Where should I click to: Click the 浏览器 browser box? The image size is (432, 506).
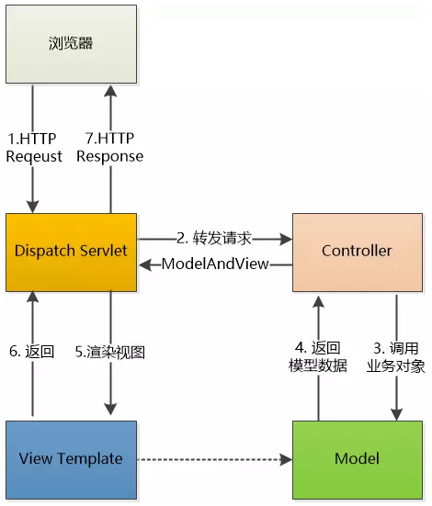[71, 44]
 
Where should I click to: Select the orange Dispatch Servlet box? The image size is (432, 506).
[71, 253]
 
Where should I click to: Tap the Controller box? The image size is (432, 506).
[358, 253]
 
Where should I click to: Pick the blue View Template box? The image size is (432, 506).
[71, 460]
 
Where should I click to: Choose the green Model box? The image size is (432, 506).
[358, 460]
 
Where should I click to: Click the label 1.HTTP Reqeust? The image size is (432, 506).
[34, 148]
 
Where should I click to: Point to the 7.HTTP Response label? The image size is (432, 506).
[110, 148]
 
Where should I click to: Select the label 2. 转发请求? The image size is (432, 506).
[214, 239]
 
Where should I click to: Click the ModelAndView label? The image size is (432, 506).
[215, 264]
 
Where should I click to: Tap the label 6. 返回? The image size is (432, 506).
[31, 352]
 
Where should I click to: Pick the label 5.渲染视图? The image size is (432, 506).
[110, 352]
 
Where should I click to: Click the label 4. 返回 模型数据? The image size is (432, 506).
[318, 357]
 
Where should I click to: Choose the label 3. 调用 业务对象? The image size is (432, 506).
[396, 357]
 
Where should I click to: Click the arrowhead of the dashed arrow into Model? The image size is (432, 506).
[286, 459]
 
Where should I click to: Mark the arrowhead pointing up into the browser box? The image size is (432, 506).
[110, 90]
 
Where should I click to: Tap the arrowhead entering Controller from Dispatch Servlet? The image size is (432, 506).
[286, 239]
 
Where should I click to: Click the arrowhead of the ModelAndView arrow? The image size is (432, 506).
[145, 264]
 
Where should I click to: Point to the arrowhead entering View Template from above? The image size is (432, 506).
[110, 409]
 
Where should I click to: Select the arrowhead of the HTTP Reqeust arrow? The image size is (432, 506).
[33, 207]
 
